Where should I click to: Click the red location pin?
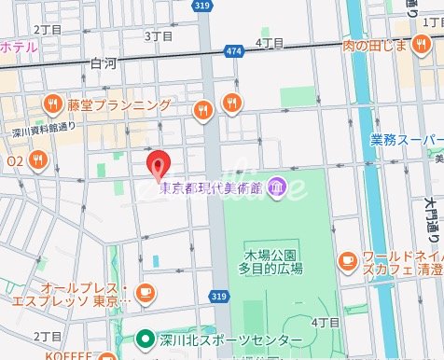(160, 164)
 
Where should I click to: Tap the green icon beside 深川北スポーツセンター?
(145, 339)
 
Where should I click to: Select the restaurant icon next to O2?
(36, 160)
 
